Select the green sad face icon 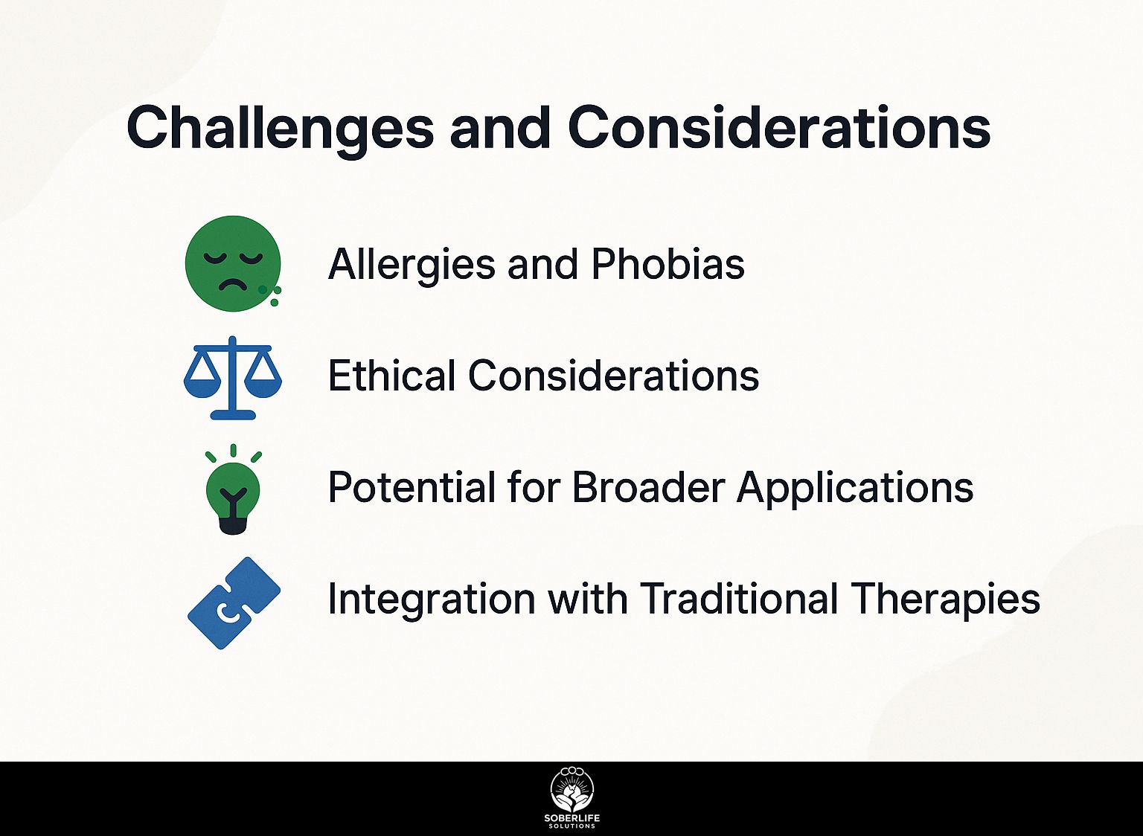[x=233, y=263]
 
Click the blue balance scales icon [x=233, y=377]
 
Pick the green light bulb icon [x=233, y=489]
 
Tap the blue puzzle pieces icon [x=234, y=603]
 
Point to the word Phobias [x=667, y=264]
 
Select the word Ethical [x=391, y=376]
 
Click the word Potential [x=412, y=486]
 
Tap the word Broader [x=648, y=486]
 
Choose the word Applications [x=855, y=489]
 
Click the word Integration [x=431, y=599]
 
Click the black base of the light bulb [x=233, y=524]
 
